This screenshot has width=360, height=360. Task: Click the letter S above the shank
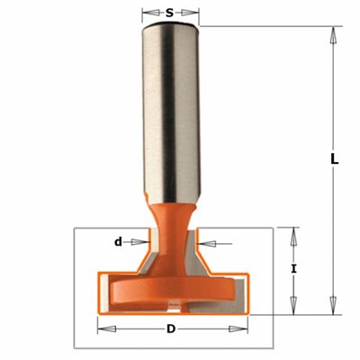point(170,13)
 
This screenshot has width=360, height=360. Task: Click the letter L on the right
point(335,159)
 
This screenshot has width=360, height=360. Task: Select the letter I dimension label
point(294,269)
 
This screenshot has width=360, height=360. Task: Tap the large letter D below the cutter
point(171,328)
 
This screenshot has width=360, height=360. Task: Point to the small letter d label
point(119,241)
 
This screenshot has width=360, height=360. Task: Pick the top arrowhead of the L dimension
point(333,36)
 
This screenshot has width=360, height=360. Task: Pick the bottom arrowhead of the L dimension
point(333,305)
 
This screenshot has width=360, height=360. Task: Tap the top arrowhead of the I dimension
point(294,237)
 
